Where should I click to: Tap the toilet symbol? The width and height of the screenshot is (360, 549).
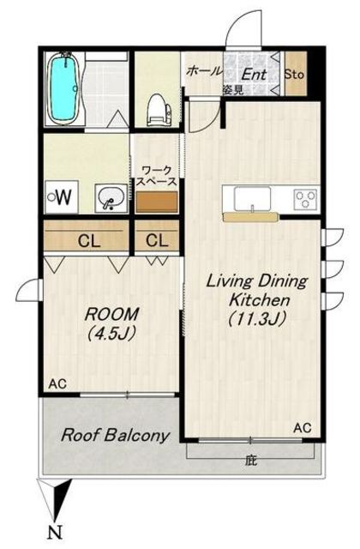160,110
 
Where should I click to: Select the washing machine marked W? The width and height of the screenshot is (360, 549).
62,196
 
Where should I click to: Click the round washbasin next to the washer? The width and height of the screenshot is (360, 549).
111,198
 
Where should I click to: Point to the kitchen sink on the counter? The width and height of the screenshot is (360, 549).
253,199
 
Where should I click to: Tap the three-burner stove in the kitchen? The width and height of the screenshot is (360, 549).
305,199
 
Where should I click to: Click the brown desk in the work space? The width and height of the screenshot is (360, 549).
157,202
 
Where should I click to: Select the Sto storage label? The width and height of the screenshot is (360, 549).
294,75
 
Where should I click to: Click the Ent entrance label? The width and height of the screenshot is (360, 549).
254,74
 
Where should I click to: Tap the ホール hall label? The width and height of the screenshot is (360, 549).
204,70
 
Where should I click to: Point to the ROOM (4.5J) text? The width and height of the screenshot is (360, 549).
111,323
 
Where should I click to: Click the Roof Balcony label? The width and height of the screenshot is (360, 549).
115,436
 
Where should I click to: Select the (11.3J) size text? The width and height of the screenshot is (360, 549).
258,318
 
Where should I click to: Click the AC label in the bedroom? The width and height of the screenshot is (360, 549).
57,384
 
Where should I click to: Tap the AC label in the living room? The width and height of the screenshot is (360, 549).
303,427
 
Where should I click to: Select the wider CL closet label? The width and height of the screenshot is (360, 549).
89,241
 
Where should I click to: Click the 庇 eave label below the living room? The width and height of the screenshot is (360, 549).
250,460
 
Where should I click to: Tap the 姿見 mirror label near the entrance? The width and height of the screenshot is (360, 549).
233,90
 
